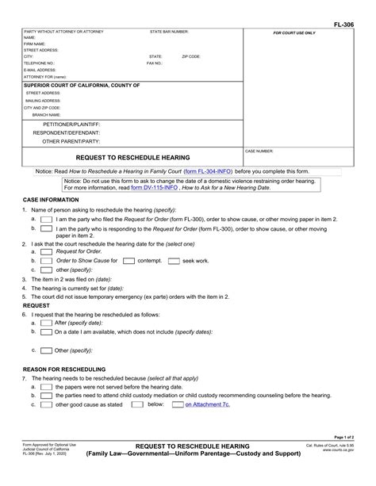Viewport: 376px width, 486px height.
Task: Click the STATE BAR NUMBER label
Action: pos(170,32)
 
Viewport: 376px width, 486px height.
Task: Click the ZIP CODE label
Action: pos(191,57)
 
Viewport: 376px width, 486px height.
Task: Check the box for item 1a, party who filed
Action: pos(46,218)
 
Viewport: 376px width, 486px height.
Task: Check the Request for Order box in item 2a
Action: pos(46,251)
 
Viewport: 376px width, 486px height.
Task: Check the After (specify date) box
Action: pos(46,323)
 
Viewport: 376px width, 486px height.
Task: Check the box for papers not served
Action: pos(46,386)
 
